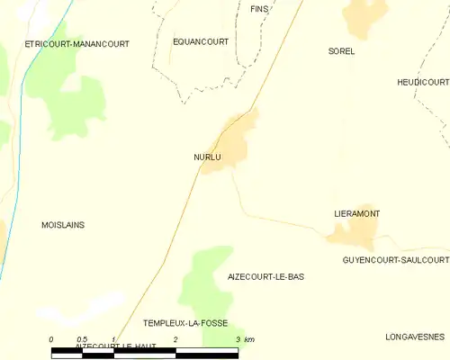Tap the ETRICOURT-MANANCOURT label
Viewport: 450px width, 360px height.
point(77,43)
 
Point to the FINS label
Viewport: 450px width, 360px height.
point(259,8)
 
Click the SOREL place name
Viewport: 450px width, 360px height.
point(342,51)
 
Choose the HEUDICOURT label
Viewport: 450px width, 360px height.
point(422,82)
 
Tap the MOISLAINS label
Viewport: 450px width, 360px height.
point(63,225)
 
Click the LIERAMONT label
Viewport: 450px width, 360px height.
point(356,213)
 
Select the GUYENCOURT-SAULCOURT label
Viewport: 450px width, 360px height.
point(395,259)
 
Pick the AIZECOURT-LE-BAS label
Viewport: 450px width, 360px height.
point(265,277)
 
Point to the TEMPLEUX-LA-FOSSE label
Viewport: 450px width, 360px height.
point(185,322)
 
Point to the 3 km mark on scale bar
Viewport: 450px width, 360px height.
point(238,339)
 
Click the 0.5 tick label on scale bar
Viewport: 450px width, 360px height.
point(82,339)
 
